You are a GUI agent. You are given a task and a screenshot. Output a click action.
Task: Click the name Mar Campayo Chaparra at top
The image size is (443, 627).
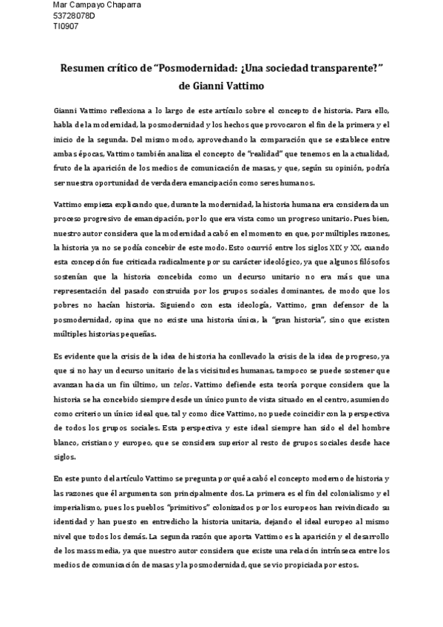(97, 5)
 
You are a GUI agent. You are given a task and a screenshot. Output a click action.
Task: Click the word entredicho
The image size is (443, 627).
(158, 523)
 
